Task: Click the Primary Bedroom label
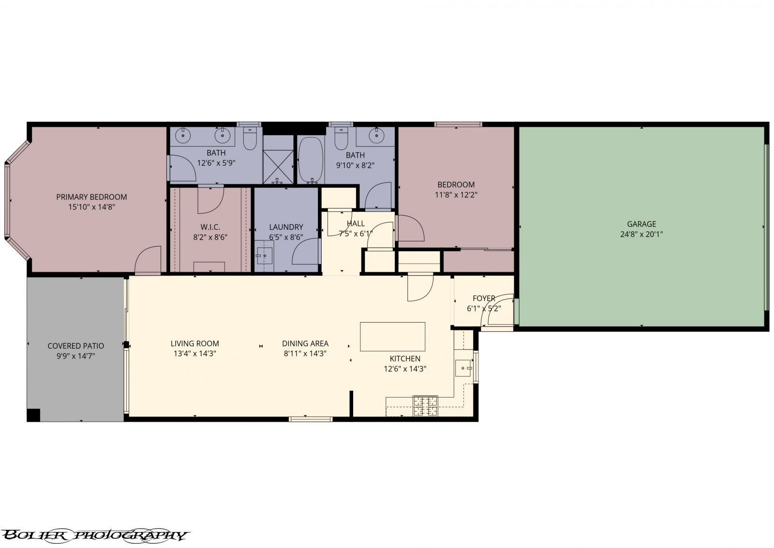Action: pyautogui.click(x=91, y=197)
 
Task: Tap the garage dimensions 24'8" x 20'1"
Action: pyautogui.click(x=641, y=234)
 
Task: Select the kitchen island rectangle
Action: pyautogui.click(x=392, y=337)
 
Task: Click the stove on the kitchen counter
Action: pyautogui.click(x=425, y=406)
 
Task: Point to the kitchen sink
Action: pyautogui.click(x=464, y=368)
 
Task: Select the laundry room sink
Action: pyautogui.click(x=265, y=254)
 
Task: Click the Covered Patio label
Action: pyautogui.click(x=75, y=346)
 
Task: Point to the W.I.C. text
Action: pyautogui.click(x=210, y=227)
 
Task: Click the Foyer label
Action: pyautogui.click(x=484, y=298)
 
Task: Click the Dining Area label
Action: pyautogui.click(x=305, y=343)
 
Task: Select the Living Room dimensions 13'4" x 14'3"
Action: pyautogui.click(x=194, y=354)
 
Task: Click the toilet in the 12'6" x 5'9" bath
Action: pyautogui.click(x=250, y=139)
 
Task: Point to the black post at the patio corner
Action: pyautogui.click(x=33, y=415)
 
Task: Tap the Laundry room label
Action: pyautogui.click(x=286, y=227)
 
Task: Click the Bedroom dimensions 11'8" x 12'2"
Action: pyautogui.click(x=456, y=195)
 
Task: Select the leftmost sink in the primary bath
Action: pyautogui.click(x=183, y=135)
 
